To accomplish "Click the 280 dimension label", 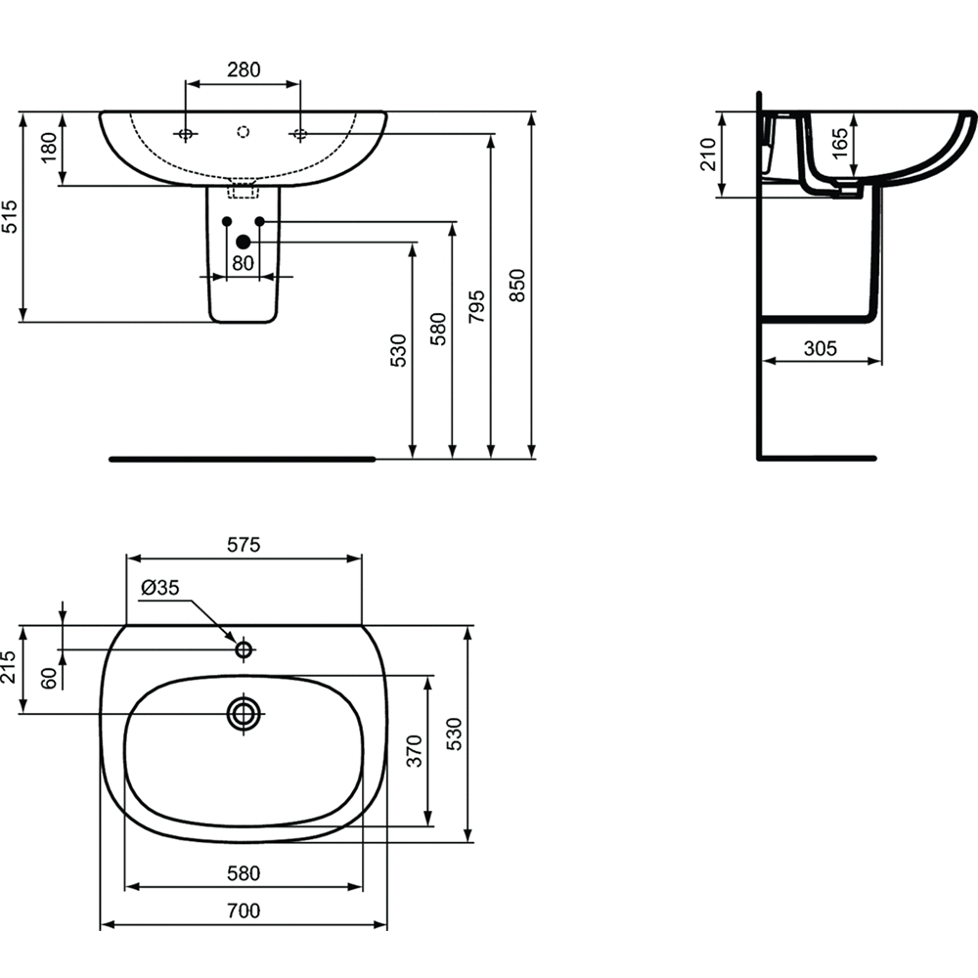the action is [x=244, y=69].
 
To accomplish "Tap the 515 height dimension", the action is [x=10, y=216].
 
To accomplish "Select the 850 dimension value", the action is [x=517, y=286].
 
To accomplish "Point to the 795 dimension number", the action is [x=476, y=306].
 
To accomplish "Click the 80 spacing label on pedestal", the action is [x=243, y=263].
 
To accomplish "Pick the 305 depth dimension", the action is [x=821, y=348].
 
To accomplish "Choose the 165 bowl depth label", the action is [x=840, y=144].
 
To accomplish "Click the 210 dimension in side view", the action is [x=708, y=155].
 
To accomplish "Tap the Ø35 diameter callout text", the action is [x=160, y=587].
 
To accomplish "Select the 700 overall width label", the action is [x=244, y=911].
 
